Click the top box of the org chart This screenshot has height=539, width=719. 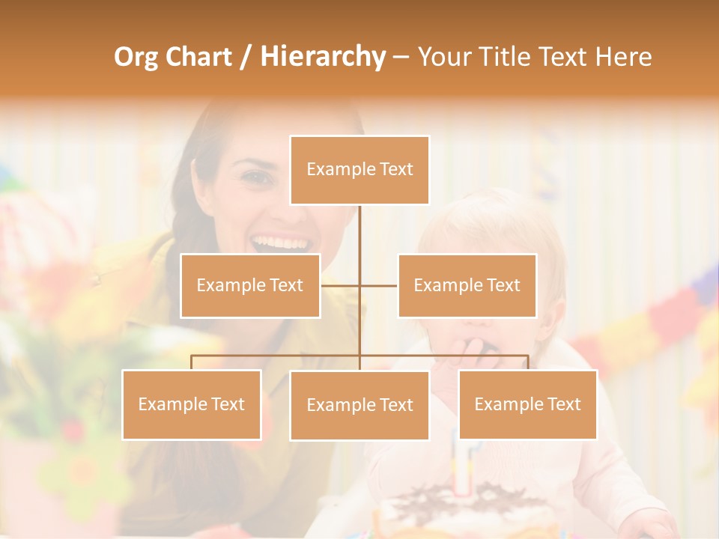coord(359,170)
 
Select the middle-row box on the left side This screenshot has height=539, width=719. coord(250,285)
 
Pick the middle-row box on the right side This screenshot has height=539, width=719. coord(467,285)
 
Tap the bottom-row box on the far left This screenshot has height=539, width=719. coord(191,404)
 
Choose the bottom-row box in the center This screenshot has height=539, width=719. coord(359,405)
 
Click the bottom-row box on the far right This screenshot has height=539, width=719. coord(527,404)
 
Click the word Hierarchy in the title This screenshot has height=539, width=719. coord(322,57)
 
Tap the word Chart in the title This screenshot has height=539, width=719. coord(198,57)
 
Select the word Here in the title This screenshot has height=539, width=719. coord(623,57)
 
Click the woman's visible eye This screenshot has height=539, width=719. coord(256,179)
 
